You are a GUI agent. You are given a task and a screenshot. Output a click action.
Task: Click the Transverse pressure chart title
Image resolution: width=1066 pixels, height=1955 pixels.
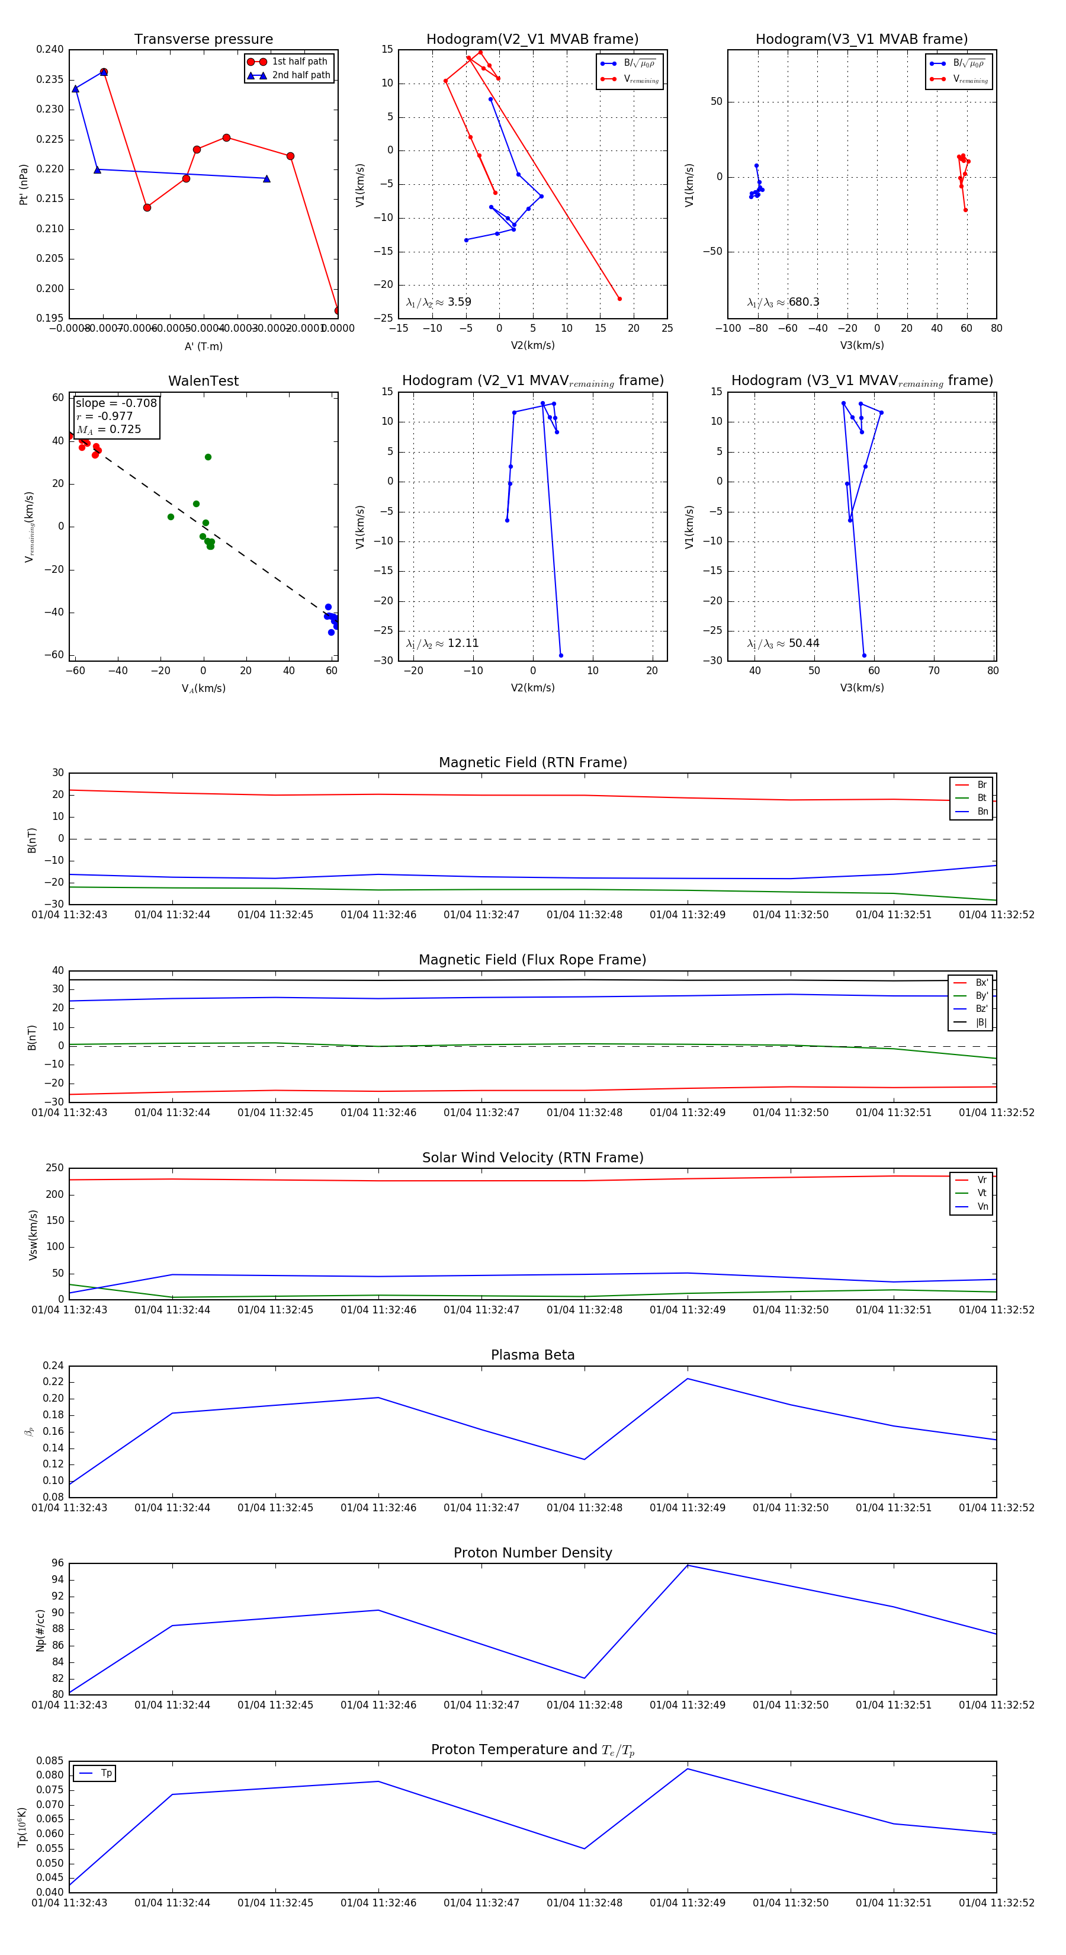[x=203, y=40]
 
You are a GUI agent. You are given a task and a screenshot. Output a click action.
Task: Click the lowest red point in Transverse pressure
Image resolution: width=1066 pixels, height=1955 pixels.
[x=338, y=310]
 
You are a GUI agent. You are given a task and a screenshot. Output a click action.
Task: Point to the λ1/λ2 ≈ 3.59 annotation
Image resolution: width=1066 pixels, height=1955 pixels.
[x=438, y=302]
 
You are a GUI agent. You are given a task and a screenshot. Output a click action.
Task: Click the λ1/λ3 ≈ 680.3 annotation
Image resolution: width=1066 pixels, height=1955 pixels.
[x=783, y=302]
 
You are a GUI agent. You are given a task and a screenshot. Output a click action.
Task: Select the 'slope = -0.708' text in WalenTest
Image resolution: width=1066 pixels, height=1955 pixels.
[x=116, y=403]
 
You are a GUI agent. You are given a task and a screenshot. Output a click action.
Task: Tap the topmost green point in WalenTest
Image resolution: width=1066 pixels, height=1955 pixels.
[x=208, y=457]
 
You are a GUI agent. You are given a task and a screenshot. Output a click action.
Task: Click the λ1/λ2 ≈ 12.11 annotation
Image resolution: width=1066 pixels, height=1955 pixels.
[x=442, y=643]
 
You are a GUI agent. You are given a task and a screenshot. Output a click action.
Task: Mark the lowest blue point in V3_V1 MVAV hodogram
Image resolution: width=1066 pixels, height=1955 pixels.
[x=863, y=656]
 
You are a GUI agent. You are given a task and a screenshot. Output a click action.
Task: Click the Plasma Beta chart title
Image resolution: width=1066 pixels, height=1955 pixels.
[x=532, y=1355]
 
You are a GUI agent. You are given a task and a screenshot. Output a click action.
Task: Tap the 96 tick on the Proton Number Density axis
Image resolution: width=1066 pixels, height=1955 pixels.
[x=57, y=1563]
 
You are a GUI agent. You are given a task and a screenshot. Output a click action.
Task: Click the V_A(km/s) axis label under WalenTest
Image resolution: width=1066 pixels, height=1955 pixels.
[x=203, y=688]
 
